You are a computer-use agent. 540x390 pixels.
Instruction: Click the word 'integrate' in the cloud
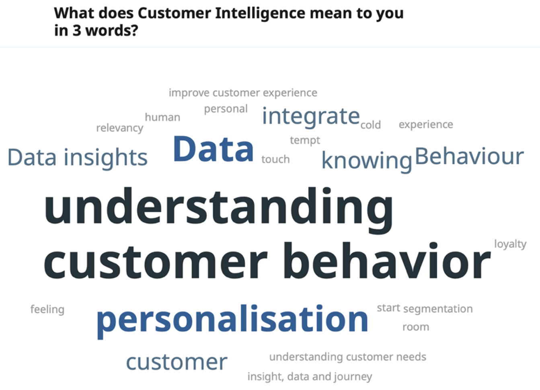coord(311,117)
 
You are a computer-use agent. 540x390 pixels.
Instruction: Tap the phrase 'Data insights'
coord(78,158)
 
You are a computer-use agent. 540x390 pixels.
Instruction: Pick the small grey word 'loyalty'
coord(510,244)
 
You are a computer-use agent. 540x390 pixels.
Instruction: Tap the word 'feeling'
coord(47,310)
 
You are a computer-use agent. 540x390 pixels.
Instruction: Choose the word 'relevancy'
coord(119,128)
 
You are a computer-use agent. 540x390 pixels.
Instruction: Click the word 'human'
coord(162,117)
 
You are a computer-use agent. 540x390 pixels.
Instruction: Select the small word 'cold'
coord(371,125)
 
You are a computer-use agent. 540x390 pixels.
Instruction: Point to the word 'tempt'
coord(305,141)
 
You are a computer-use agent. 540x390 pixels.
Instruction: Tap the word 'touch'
coord(275,159)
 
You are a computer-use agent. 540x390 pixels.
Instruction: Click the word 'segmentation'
coord(438,309)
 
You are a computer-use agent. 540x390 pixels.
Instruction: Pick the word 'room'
coord(416,327)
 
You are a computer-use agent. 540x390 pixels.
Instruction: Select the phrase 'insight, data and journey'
coord(310,377)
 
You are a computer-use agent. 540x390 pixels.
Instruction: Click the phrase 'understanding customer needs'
coord(348,357)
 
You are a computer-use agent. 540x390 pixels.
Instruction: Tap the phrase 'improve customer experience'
coord(243,93)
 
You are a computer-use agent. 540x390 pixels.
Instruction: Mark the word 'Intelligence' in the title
coord(260,14)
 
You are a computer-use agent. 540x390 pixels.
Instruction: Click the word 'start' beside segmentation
coord(388,308)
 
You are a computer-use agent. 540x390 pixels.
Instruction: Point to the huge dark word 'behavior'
coord(387,260)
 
